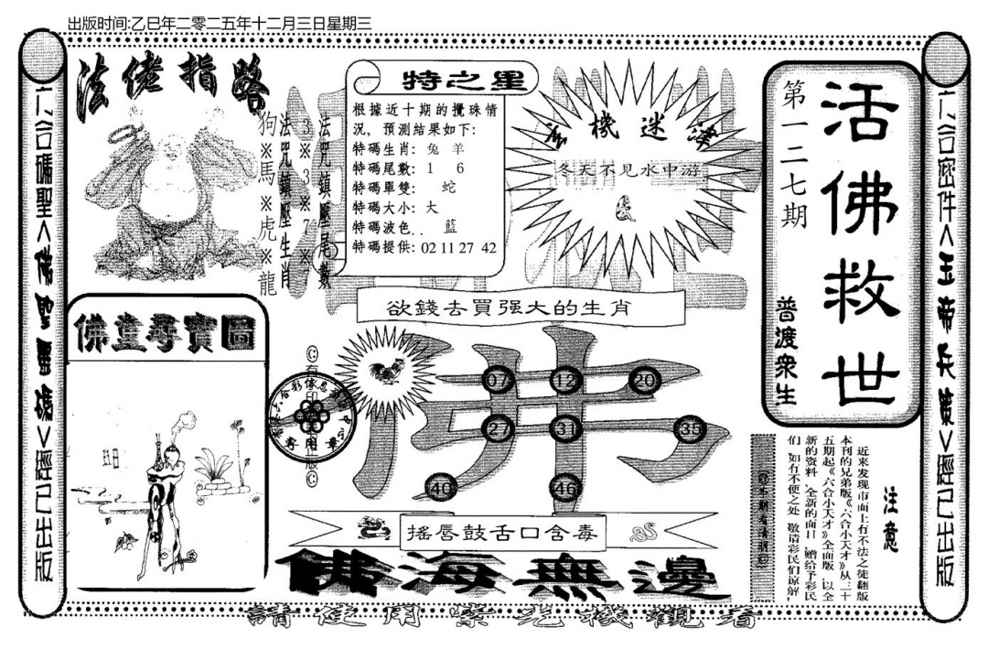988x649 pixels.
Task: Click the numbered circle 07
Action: (499, 380)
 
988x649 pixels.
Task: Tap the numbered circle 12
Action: (566, 380)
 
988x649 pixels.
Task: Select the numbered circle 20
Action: (647, 380)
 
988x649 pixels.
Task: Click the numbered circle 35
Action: (692, 428)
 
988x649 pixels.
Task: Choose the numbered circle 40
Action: (442, 489)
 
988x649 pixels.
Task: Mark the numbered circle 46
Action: (566, 489)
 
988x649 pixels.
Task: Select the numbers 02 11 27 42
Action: (458, 248)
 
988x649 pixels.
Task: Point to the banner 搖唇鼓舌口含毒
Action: (505, 529)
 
